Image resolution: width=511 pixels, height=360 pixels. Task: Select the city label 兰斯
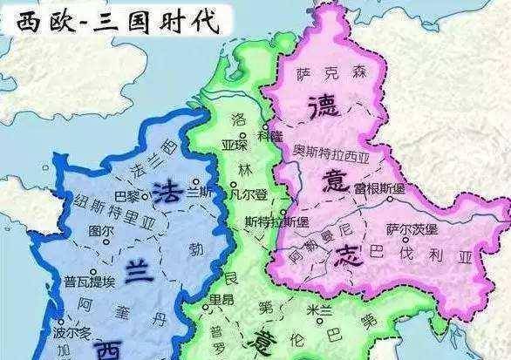(200, 191)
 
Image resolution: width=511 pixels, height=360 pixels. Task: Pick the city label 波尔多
(72, 334)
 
